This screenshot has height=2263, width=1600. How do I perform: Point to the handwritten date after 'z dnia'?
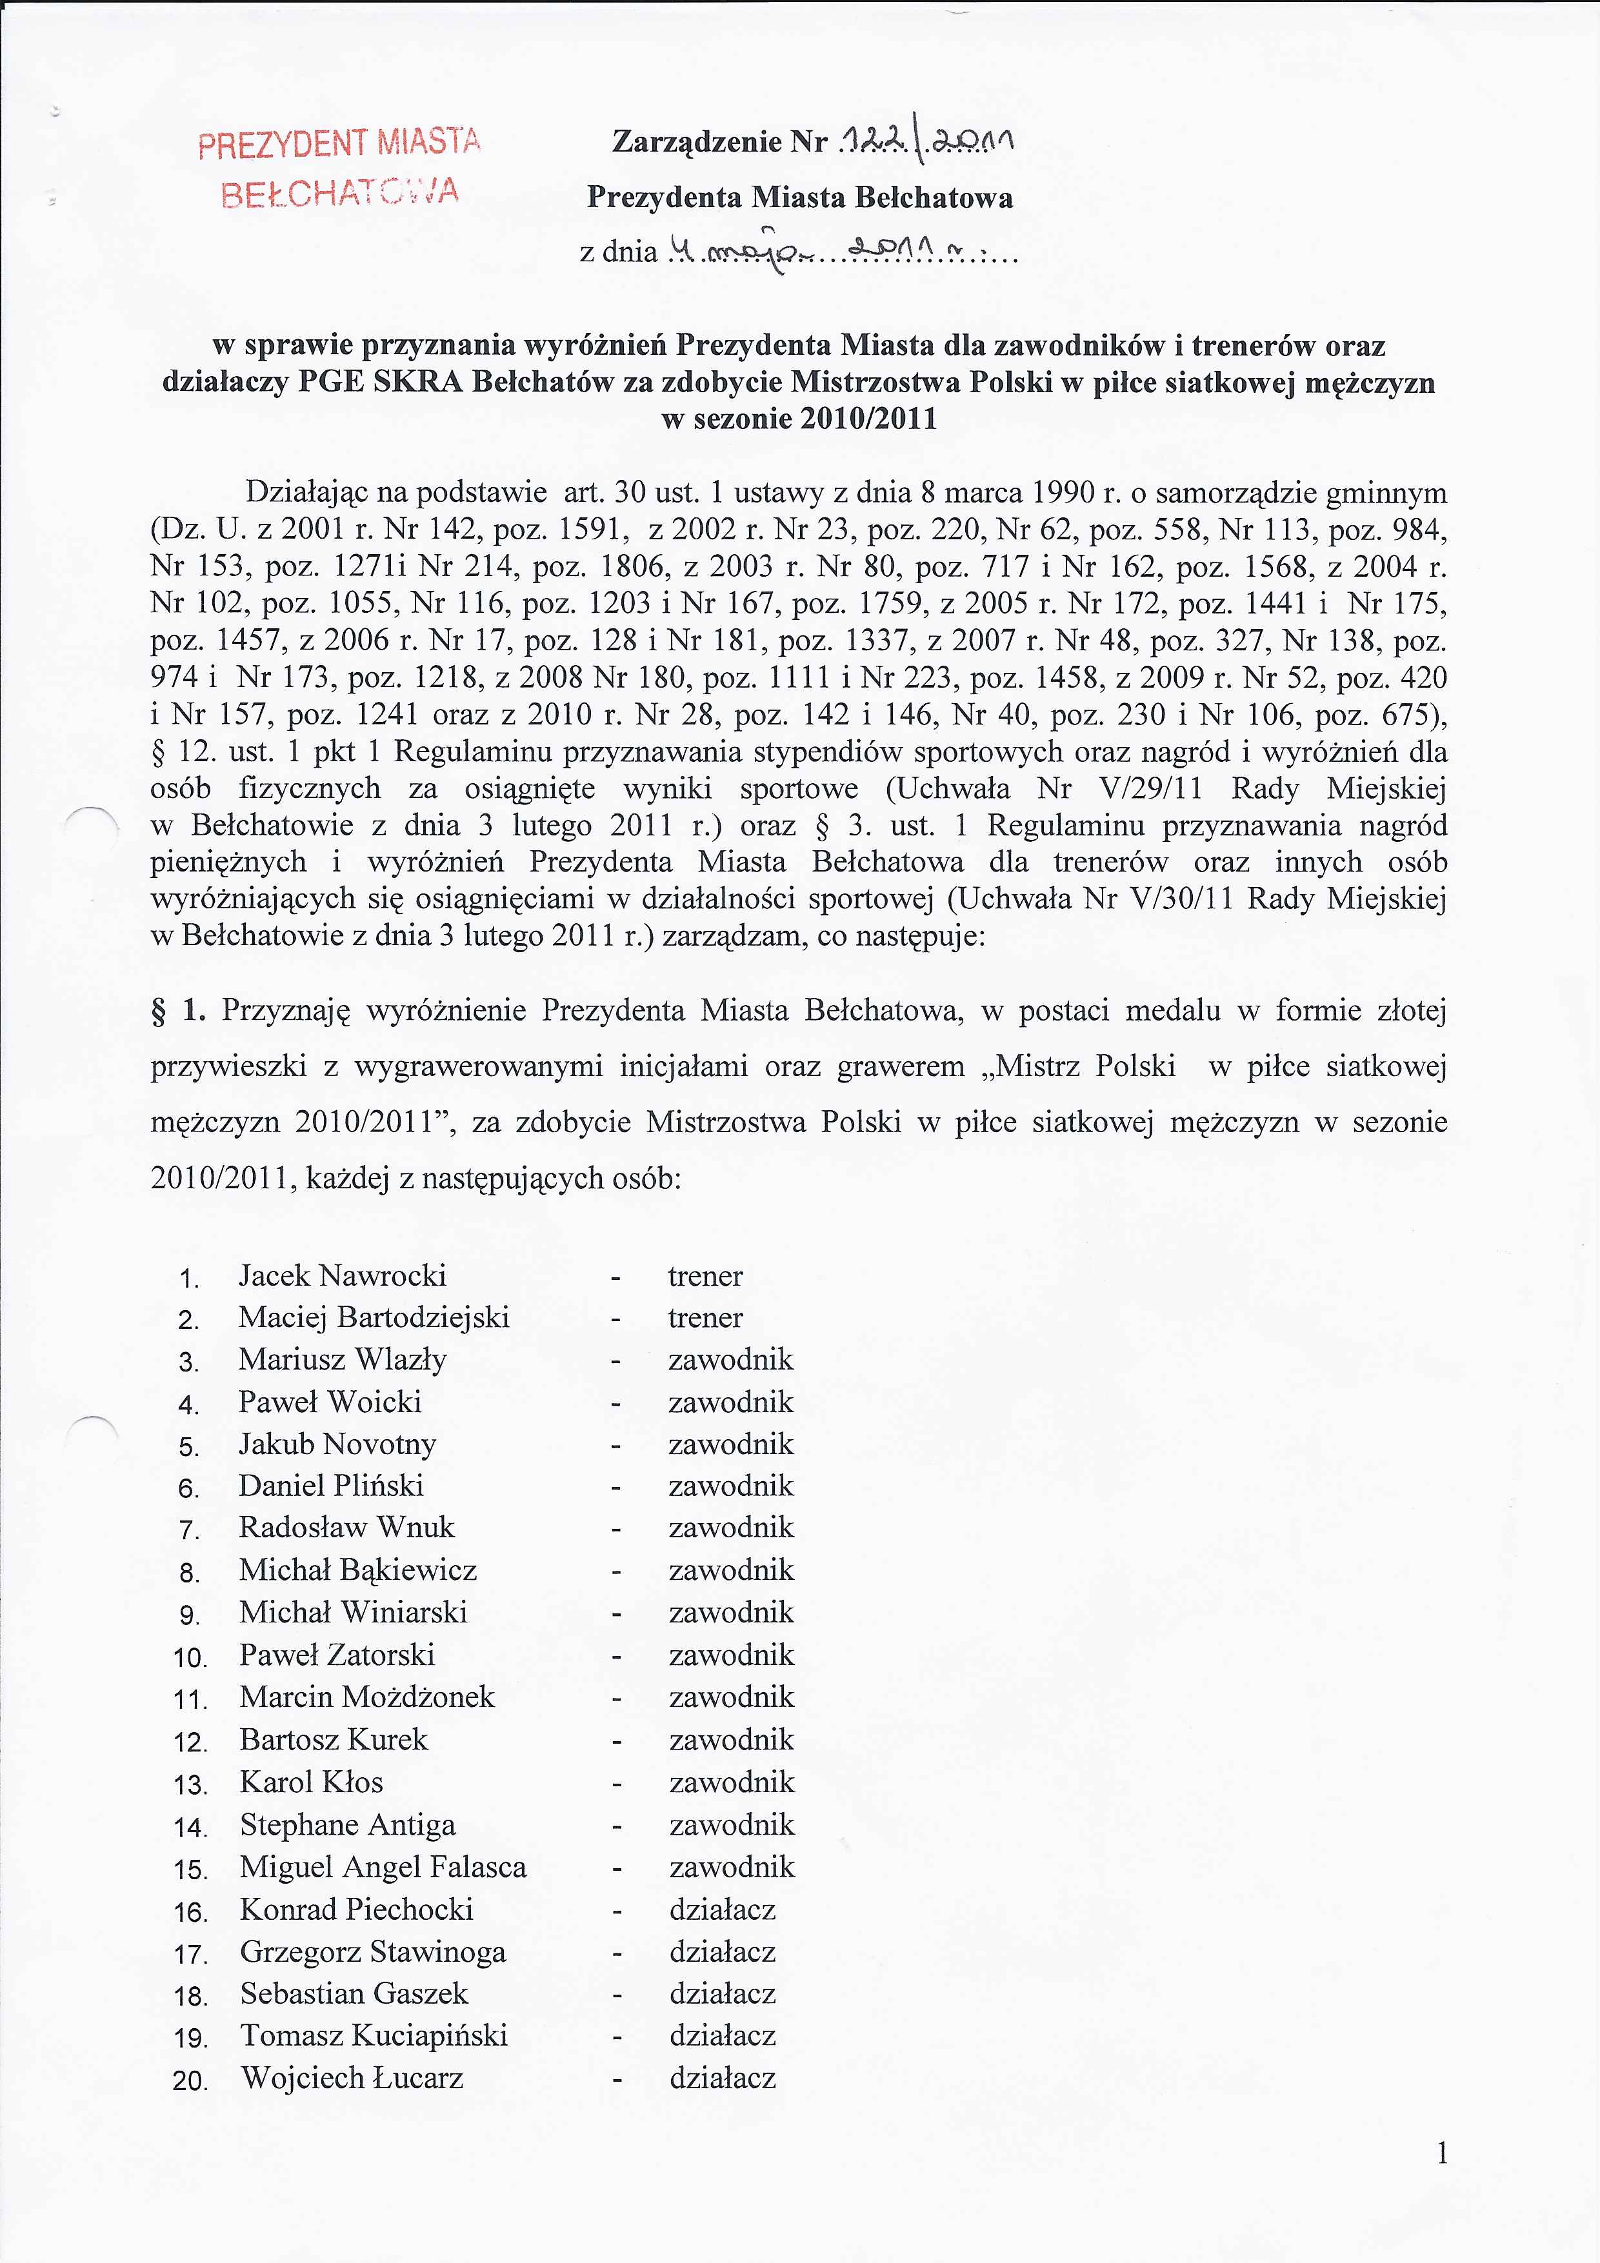pos(838,254)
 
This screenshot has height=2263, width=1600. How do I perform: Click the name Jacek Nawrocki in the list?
pos(342,1275)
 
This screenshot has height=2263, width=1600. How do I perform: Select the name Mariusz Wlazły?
pos(342,1359)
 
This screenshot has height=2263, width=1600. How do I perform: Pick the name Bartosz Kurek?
pos(333,1739)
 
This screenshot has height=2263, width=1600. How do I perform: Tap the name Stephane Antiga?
pos(347,1824)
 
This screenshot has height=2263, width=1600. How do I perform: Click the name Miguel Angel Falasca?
pos(383,1867)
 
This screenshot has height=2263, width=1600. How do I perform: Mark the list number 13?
pos(189,1785)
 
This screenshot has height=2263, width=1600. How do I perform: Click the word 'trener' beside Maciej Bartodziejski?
pos(705,1318)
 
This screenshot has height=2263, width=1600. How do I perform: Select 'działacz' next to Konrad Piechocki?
pos(723,1909)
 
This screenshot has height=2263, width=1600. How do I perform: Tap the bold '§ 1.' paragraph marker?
pos(177,1010)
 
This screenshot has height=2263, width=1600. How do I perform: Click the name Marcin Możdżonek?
pos(366,1696)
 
